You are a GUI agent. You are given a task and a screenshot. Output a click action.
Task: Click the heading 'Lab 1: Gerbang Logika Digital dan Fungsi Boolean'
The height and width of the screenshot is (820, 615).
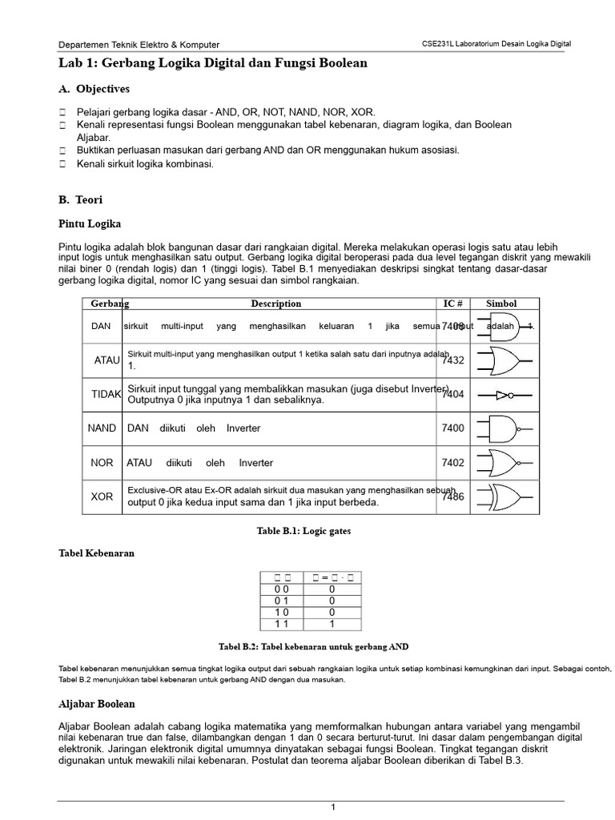click(213, 63)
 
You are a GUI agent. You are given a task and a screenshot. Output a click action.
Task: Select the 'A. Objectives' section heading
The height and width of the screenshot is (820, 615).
click(94, 89)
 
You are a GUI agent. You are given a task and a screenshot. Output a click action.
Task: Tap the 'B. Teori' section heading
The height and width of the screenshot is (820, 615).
click(81, 199)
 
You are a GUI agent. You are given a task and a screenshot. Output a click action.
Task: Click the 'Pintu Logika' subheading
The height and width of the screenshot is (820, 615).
click(90, 223)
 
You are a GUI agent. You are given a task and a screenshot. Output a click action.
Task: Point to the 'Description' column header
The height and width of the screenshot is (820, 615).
click(276, 303)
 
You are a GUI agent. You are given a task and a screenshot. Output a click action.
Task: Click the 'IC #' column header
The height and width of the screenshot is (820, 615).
click(453, 303)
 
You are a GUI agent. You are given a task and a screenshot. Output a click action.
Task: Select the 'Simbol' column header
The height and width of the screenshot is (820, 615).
click(501, 303)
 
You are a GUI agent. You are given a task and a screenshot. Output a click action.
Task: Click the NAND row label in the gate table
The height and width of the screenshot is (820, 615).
click(102, 428)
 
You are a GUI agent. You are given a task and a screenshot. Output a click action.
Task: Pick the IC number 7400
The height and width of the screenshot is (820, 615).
click(452, 428)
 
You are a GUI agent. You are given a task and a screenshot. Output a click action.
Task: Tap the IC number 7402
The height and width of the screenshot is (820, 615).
click(452, 463)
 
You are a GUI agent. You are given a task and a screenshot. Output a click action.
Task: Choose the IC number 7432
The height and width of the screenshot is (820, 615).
click(452, 360)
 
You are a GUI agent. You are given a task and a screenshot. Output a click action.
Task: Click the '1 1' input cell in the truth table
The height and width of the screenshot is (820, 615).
click(281, 624)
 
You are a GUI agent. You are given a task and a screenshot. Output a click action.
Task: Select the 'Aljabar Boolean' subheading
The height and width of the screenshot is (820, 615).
click(97, 704)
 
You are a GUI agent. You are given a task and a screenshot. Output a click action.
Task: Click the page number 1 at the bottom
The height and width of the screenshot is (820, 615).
click(333, 807)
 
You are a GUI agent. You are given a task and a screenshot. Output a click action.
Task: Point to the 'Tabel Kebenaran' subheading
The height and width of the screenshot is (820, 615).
click(97, 553)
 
